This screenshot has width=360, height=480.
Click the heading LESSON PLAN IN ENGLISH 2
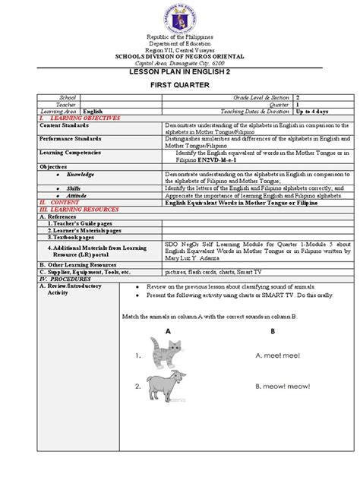[x=180, y=71]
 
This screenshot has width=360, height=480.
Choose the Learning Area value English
[x=93, y=111]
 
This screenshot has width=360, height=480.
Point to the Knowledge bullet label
[x=80, y=174]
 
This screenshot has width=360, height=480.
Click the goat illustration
[x=167, y=385]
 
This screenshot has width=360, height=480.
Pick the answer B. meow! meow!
[x=283, y=387]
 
